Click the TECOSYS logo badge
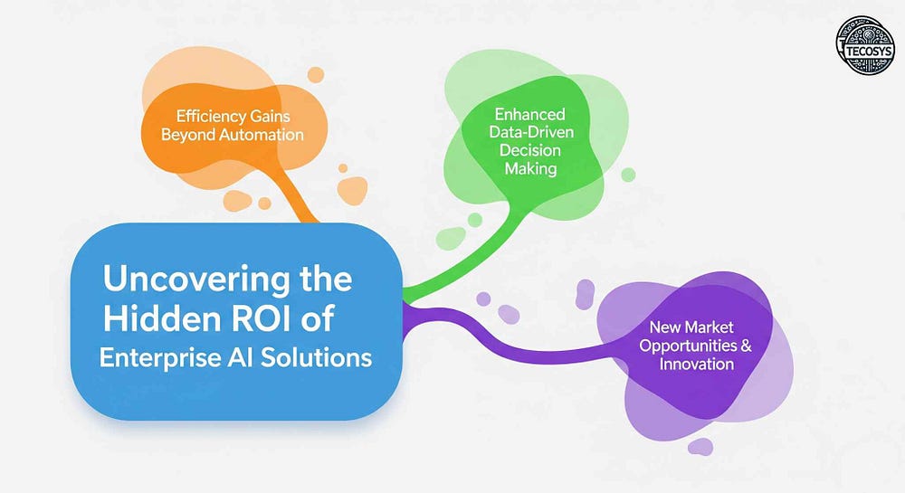point(865,45)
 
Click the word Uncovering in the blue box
point(196,280)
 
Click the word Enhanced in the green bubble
point(529,114)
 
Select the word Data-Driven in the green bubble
point(531,132)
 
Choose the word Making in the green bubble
point(531,169)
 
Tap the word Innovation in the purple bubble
point(697,364)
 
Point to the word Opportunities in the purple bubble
point(688,346)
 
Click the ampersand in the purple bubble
point(747,346)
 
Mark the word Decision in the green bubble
point(529,150)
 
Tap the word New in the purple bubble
point(662,327)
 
